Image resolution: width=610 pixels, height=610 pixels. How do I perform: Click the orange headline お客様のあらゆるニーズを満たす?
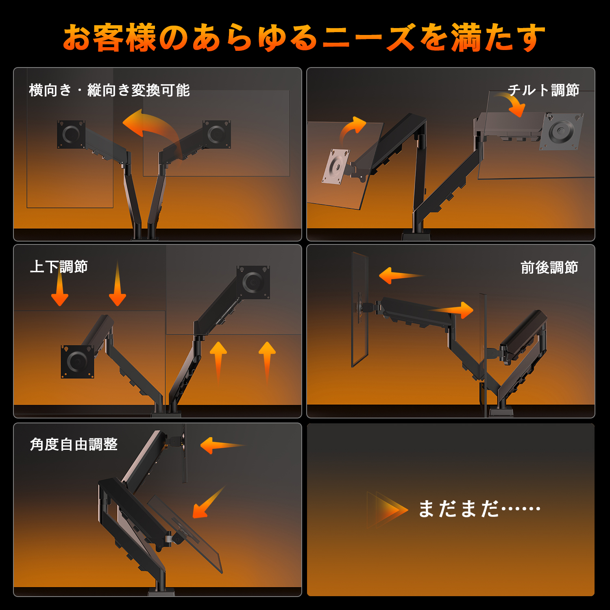coord(304,37)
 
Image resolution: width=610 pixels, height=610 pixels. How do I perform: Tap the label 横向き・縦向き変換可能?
coord(109,90)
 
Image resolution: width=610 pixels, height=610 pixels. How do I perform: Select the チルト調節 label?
coord(543,90)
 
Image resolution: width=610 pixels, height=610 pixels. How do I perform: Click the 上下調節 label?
coord(59,267)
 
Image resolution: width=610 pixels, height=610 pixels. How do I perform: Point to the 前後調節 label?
coord(549,268)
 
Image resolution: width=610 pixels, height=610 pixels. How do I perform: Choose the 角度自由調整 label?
coord(74,444)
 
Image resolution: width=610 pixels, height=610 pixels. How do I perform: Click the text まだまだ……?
coord(479,508)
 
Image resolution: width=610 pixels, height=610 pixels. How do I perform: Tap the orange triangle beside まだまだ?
coord(388,510)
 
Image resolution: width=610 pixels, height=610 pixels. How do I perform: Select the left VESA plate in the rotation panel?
coord(71,134)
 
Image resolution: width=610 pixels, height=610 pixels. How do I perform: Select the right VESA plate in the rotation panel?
coord(217,134)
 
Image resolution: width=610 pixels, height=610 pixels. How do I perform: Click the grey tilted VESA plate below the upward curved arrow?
coord(336,166)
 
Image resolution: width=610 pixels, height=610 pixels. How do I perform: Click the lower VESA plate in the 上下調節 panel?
coord(77,362)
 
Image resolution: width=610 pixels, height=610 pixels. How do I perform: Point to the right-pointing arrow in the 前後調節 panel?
coord(451,310)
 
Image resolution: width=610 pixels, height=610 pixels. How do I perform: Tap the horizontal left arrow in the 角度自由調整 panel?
coord(223,446)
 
